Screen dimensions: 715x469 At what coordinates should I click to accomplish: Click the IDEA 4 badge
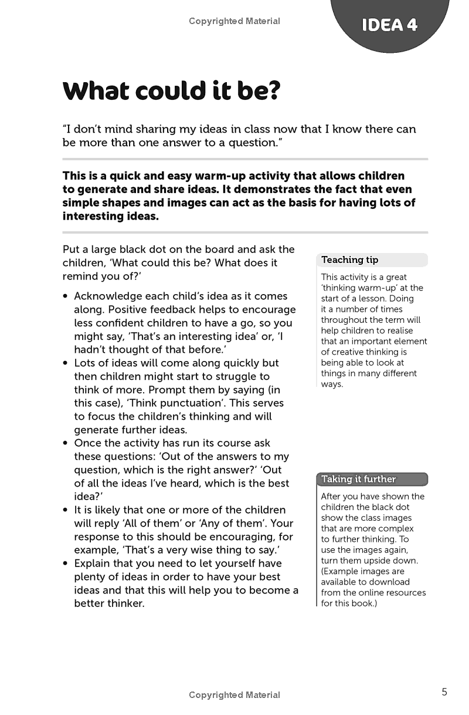[x=389, y=25]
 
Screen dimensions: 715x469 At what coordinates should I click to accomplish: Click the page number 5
[x=444, y=692]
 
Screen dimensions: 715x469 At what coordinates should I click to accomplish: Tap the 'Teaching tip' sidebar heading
[x=350, y=259]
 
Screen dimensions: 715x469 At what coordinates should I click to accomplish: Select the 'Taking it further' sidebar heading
[x=358, y=479]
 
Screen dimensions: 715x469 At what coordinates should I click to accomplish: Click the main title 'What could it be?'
[x=172, y=91]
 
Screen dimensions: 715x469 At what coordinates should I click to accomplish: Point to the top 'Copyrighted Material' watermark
[x=235, y=21]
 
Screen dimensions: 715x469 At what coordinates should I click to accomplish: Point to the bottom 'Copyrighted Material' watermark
[x=235, y=695]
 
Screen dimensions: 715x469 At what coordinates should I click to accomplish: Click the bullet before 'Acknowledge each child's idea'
[x=66, y=296]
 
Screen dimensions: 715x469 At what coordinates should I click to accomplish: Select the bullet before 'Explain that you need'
[x=66, y=564]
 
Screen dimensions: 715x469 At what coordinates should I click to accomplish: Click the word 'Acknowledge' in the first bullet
[x=108, y=296]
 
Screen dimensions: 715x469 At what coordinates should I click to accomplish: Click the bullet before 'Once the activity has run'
[x=66, y=443]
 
